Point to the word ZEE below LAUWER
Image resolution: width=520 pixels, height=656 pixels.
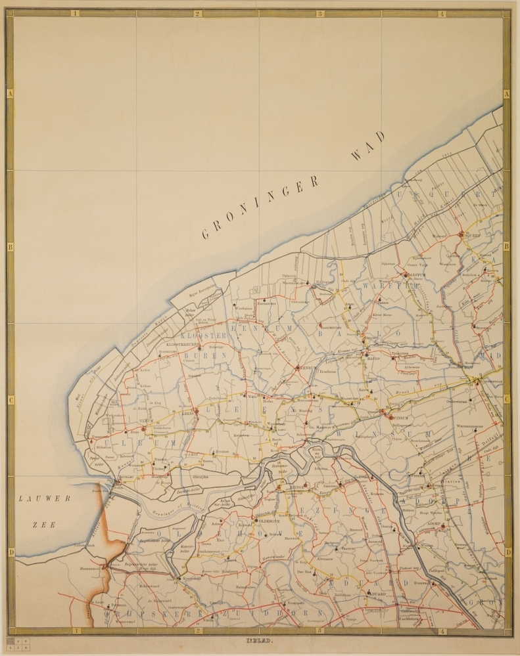coord(45,524)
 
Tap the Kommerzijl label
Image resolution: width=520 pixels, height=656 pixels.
coord(187,579)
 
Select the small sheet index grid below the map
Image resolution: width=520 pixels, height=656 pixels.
coord(17,640)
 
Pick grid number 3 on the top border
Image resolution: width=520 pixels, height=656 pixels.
coord(319,13)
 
